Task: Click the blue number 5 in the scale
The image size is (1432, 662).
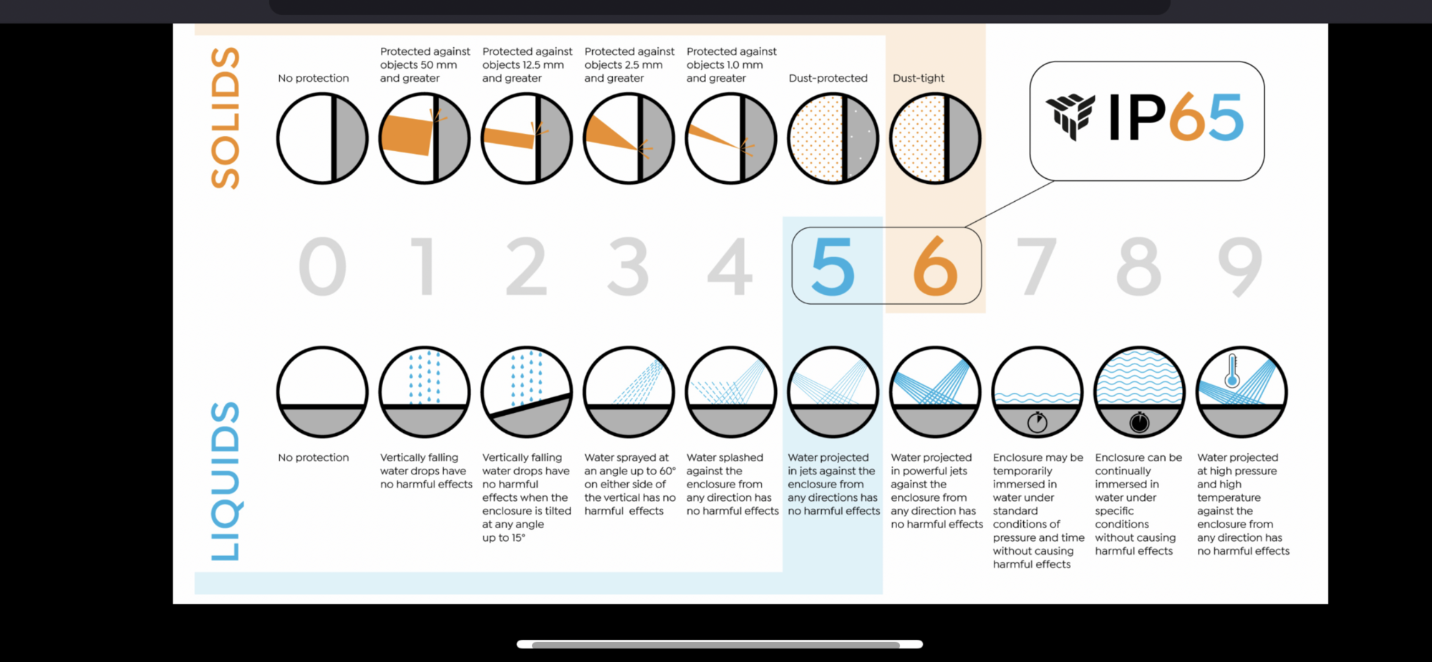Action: pos(833,267)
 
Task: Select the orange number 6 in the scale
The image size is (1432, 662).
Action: pos(935,267)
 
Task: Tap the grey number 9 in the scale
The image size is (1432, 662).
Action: pos(1241,267)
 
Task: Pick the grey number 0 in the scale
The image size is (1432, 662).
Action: pos(322,267)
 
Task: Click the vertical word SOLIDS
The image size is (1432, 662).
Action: pos(225,118)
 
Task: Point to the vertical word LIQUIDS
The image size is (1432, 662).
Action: pos(225,481)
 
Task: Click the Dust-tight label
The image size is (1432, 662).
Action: pos(919,78)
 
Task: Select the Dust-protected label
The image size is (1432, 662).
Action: pos(828,78)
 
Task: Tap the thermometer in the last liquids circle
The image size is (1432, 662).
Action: pos(1232,371)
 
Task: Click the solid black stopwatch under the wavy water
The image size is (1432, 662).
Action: pos(1139,422)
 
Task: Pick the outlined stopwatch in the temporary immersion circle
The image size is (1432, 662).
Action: pos(1037,422)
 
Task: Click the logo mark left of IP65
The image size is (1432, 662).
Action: pos(1070,117)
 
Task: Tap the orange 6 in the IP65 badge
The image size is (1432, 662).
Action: pos(1189,117)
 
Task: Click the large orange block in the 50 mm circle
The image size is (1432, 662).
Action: pos(407,134)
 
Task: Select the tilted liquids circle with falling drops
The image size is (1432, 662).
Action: pos(527,392)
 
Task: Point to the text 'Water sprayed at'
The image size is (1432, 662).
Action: pos(626,457)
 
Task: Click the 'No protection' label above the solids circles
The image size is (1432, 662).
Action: pos(314,78)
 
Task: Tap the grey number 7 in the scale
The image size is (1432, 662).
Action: pos(1037,267)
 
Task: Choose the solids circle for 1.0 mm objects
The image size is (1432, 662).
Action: pos(731,138)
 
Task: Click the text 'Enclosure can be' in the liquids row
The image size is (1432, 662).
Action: pos(1138,457)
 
